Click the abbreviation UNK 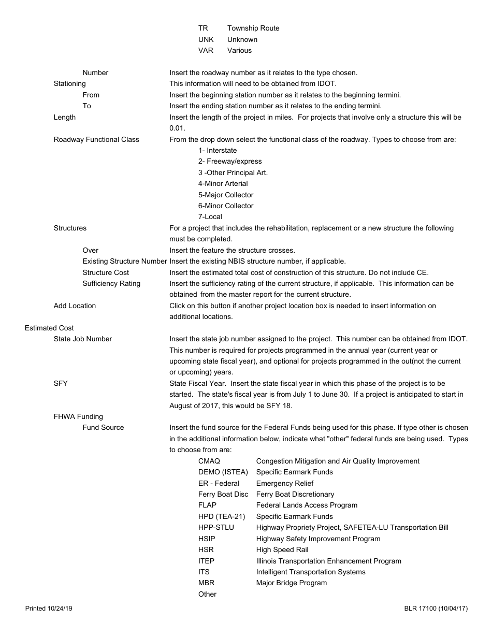click(206, 39)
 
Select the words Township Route click(253, 28)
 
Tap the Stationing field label click(69, 83)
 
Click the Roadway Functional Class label click(96, 139)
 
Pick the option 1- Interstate click(218, 150)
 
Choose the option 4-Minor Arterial click(223, 183)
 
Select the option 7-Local click(210, 216)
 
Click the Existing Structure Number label click(125, 261)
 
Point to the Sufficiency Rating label click(111, 283)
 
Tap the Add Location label click(75, 306)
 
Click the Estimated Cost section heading click(49, 328)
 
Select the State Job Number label click(83, 339)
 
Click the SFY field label click(61, 383)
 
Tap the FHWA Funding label click(78, 416)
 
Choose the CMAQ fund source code click(209, 461)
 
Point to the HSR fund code click(206, 549)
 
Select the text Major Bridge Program click(291, 583)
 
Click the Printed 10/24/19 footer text click(49, 609)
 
